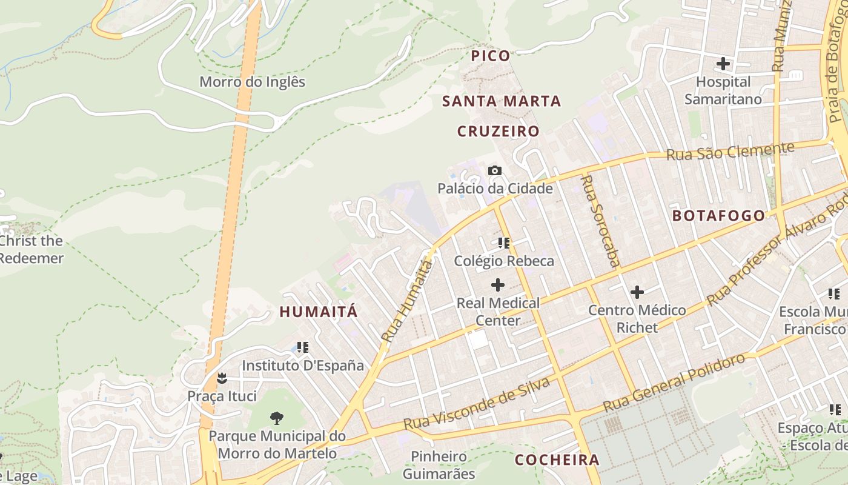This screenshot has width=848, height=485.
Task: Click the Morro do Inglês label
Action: click(253, 82)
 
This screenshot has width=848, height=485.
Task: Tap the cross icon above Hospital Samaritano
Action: click(723, 63)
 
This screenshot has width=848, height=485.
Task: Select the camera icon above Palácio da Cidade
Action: click(495, 171)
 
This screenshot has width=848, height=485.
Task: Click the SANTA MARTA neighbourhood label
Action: click(502, 101)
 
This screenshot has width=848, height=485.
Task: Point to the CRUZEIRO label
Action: click(498, 132)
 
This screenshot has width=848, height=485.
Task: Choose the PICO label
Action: click(491, 56)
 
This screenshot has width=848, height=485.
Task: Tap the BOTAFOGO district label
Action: click(719, 216)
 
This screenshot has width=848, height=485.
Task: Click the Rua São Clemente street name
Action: click(730, 151)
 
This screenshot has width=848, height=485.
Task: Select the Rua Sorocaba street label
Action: click(600, 221)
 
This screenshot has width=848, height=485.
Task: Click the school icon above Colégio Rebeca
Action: click(504, 243)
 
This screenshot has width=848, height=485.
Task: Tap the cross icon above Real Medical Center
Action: click(498, 284)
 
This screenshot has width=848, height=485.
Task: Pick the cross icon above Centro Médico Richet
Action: click(637, 293)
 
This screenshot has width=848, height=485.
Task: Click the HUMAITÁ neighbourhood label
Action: click(319, 312)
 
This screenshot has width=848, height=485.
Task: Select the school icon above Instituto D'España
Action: click(303, 348)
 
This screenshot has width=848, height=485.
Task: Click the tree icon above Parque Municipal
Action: click(277, 417)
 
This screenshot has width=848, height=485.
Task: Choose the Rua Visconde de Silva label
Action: click(477, 404)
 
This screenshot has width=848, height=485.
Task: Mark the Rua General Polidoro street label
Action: click(674, 383)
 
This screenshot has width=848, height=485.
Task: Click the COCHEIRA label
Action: click(557, 460)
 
